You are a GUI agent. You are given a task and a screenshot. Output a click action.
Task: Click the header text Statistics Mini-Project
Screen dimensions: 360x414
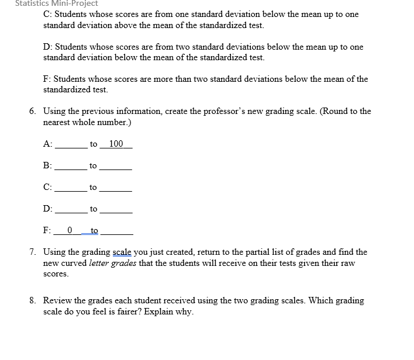tap(57, 4)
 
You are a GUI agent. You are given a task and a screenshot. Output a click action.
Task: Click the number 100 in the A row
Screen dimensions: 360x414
tap(116, 144)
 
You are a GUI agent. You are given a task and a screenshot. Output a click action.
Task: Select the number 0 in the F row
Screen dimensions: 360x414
tap(70, 230)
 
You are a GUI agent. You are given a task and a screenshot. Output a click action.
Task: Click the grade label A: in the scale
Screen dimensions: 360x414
tap(48, 144)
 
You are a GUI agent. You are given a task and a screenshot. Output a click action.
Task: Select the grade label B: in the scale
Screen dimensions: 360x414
tap(48, 166)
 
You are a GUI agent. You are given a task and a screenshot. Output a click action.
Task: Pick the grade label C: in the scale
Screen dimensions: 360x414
tap(48, 188)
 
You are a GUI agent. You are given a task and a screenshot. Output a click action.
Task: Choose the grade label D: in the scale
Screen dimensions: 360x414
tap(48, 209)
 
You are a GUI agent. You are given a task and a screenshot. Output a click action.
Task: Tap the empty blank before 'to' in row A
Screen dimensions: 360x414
tap(71, 146)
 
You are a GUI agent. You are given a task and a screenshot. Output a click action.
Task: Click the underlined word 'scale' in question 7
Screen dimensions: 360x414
tap(122, 252)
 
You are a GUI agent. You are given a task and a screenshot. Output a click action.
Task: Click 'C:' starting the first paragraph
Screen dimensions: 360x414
tap(48, 14)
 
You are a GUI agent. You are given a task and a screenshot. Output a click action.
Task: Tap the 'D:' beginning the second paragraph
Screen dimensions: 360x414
tap(49, 46)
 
